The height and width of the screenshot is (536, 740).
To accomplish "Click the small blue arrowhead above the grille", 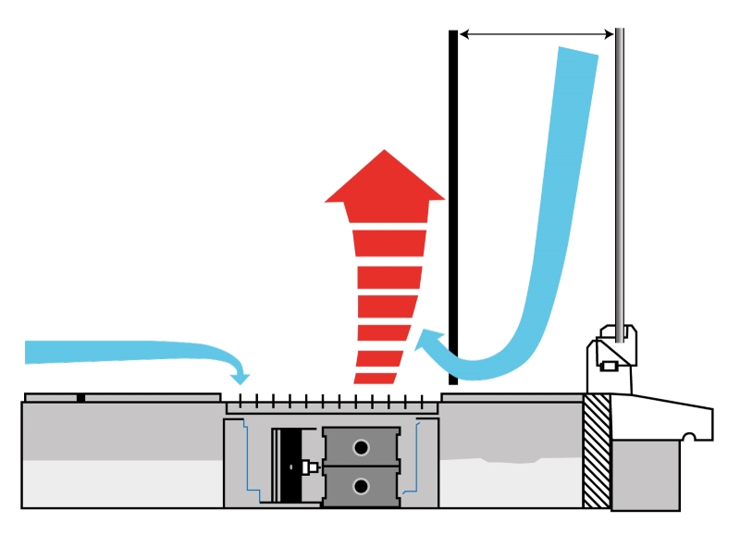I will coord(241,376).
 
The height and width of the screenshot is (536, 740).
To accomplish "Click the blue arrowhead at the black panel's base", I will coord(426,347).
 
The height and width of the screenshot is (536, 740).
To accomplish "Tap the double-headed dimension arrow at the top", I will coord(537,34).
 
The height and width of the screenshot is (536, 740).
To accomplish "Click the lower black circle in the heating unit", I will coord(360,485).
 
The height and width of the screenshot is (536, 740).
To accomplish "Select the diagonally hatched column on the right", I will coord(597,451).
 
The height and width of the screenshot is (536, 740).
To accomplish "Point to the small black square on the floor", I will coord(81,398).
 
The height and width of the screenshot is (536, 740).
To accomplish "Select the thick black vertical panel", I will coord(453,204).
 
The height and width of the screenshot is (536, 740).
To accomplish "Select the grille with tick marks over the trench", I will coord(331,405).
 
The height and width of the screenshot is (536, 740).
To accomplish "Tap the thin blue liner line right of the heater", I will coord(419,458).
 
